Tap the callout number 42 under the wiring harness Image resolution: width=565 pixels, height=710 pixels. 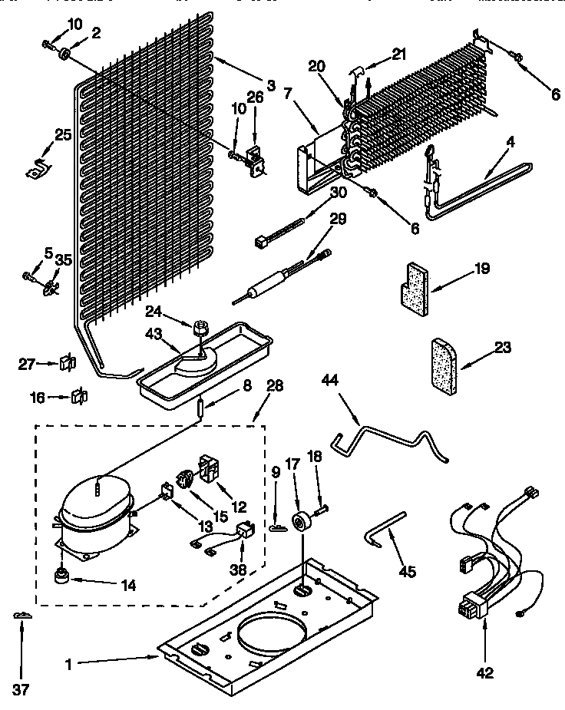point(484,673)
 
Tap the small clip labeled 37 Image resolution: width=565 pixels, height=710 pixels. point(21,616)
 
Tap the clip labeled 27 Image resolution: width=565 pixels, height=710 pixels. point(66,362)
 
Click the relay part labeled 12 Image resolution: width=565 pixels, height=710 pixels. point(210,467)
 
